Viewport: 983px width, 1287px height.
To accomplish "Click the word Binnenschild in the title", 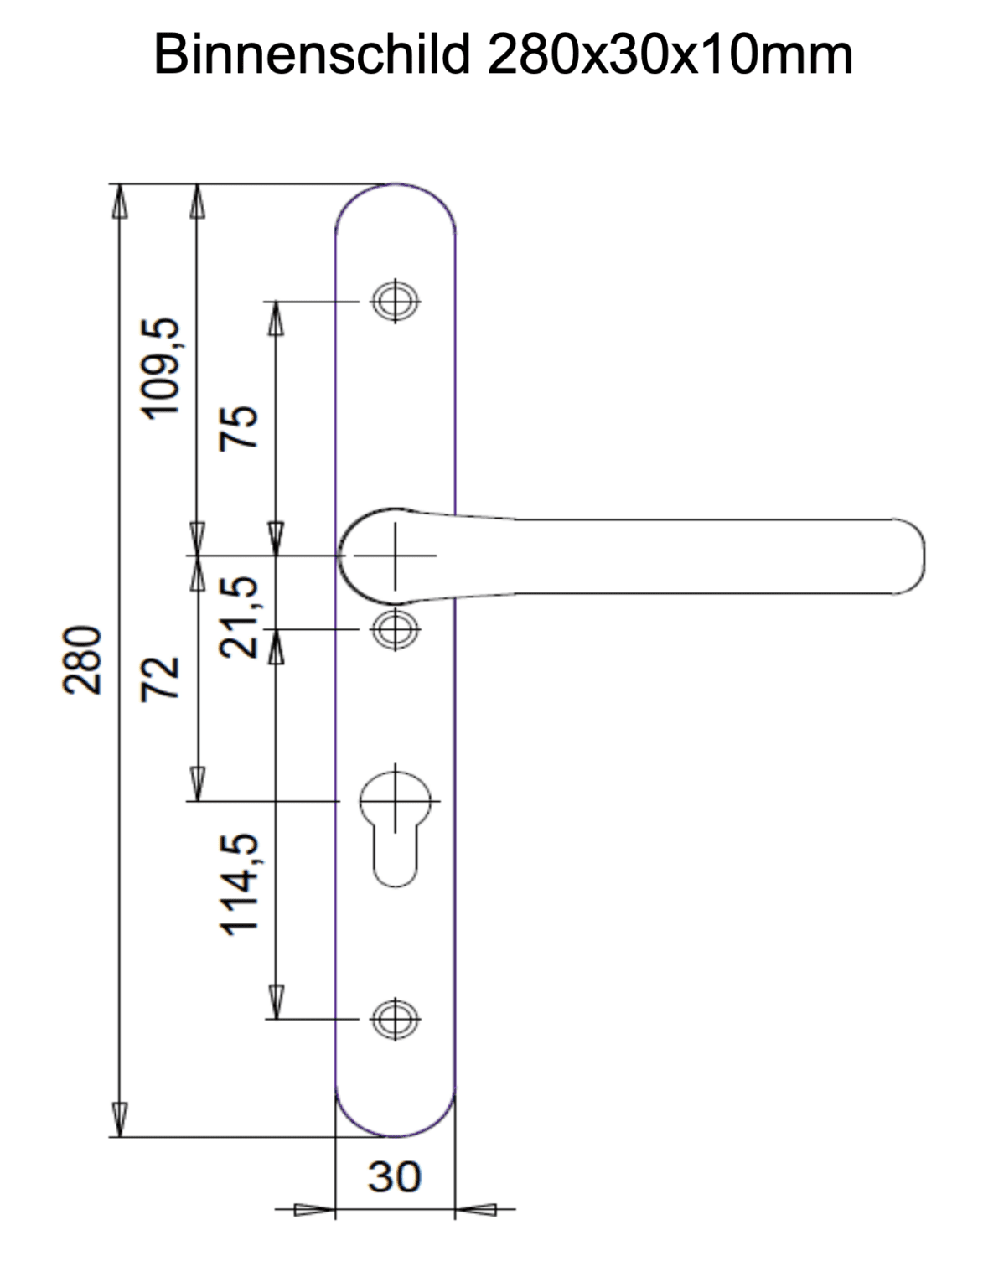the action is point(312,54).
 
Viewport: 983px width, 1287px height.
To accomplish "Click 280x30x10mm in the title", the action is point(670,54).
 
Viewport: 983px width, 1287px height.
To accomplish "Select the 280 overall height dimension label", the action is point(82,660).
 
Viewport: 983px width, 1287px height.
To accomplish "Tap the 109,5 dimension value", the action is point(159,369).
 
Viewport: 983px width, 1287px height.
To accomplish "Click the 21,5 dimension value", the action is point(238,617).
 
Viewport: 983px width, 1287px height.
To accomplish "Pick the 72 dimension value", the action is point(159,680).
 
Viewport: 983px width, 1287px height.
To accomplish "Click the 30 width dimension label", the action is point(394,1176).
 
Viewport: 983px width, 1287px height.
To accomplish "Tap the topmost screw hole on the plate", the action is point(395,302).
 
